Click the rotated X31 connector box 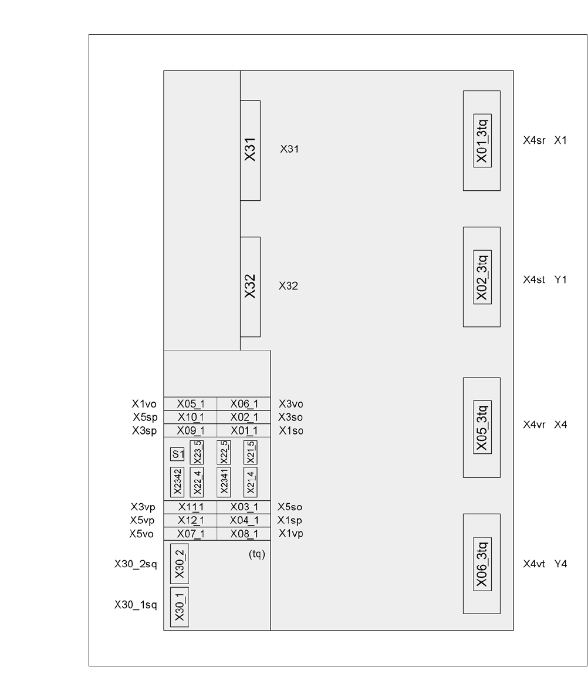pos(251,150)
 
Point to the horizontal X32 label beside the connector pos(289,287)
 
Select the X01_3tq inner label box pos(482,141)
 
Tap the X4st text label pos(535,280)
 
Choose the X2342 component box pos(177,482)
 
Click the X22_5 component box pos(223,451)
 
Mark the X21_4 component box pos(251,482)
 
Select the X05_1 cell pos(190,403)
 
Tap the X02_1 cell pos(244,417)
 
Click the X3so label pos(290,417)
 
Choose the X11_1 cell pos(190,507)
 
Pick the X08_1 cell pos(244,534)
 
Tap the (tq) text pos(257,554)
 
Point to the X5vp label pos(143,520)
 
